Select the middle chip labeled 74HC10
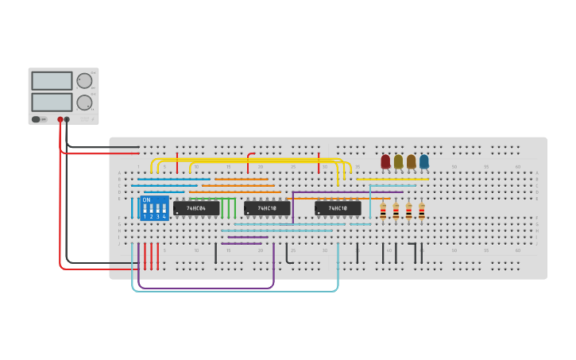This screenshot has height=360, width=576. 267,208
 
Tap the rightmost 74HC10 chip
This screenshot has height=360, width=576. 338,208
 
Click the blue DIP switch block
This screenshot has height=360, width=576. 154,208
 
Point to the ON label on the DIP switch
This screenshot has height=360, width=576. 146,200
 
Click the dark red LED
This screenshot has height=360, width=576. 385,161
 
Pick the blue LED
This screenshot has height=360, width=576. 423,161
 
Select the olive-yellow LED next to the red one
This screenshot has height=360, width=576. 398,161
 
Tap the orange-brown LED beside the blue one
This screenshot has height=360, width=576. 411,161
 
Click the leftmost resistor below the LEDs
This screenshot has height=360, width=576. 383,211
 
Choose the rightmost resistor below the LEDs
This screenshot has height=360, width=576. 421,211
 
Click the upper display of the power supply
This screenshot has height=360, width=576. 52,80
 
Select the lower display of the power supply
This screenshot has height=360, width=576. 52,102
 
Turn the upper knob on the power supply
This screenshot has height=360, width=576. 84,80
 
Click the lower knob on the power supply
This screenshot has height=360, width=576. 84,103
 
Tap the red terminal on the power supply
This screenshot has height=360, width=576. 60,119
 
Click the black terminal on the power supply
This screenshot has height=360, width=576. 67,119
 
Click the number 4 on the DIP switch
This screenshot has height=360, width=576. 164,216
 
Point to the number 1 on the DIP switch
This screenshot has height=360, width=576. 145,216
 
